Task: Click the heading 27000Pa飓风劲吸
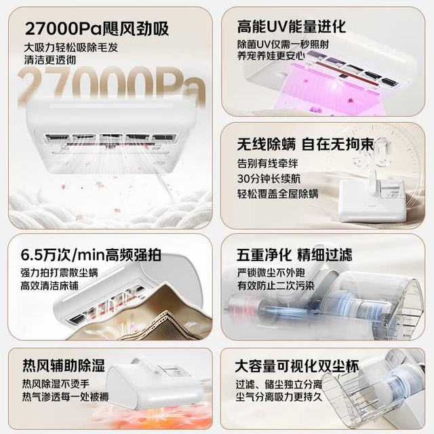[96, 28]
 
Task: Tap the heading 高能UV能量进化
[292, 26]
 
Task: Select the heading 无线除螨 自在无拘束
[306, 144]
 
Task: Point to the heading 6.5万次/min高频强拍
[91, 255]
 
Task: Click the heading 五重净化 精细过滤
[294, 255]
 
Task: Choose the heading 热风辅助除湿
[64, 366]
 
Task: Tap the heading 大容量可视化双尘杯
[297, 366]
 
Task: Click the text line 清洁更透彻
[50, 60]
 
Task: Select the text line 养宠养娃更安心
[271, 56]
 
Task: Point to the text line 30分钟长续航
[269, 178]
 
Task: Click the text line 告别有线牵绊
[267, 163]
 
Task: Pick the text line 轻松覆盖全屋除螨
[277, 193]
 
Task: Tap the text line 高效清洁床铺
[50, 285]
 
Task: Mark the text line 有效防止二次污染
[276, 285]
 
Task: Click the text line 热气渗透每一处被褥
[66, 397]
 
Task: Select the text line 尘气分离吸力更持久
[279, 397]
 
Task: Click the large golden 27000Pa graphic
[112, 85]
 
